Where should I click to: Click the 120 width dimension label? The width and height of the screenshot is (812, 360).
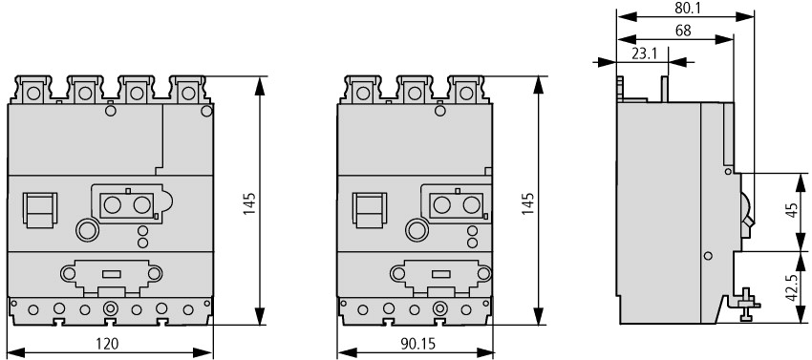pos(107,344)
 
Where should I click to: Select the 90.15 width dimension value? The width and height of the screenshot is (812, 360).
pos(418,344)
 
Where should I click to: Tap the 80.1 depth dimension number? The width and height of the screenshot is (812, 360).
pos(684,8)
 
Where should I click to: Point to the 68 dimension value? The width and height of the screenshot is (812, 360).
pos(683,31)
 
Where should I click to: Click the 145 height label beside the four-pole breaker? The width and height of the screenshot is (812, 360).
pos(250,203)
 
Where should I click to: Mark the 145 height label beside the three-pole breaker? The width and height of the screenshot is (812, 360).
pos(528,203)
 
